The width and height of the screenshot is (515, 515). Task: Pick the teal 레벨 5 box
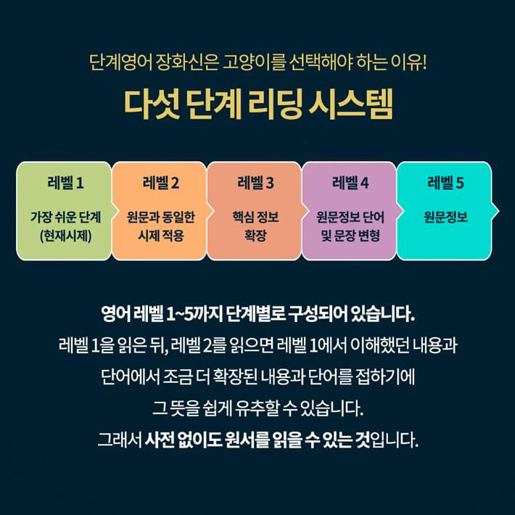coord(445,210)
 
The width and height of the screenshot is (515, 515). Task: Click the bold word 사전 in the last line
coord(161,440)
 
